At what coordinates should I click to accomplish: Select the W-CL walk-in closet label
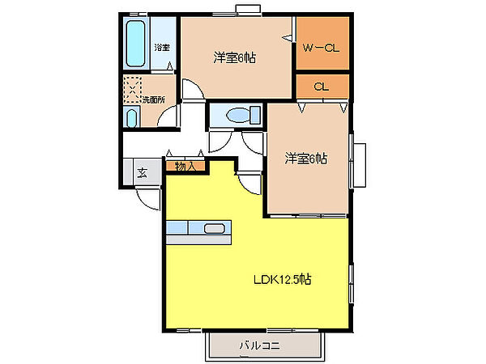(321, 49)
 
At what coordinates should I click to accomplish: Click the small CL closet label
(321, 87)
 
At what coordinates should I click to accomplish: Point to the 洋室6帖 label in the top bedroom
(235, 57)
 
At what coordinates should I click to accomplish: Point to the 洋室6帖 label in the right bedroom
(305, 159)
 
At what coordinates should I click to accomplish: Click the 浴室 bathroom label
(162, 47)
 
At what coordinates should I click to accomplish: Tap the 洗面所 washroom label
(153, 100)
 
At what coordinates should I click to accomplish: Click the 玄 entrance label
(142, 172)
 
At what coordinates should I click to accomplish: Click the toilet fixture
(234, 116)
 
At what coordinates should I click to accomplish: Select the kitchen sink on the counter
(214, 229)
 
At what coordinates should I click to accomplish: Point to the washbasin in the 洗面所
(133, 118)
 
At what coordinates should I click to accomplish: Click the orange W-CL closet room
(322, 40)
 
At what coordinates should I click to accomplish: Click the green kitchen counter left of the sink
(179, 229)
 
